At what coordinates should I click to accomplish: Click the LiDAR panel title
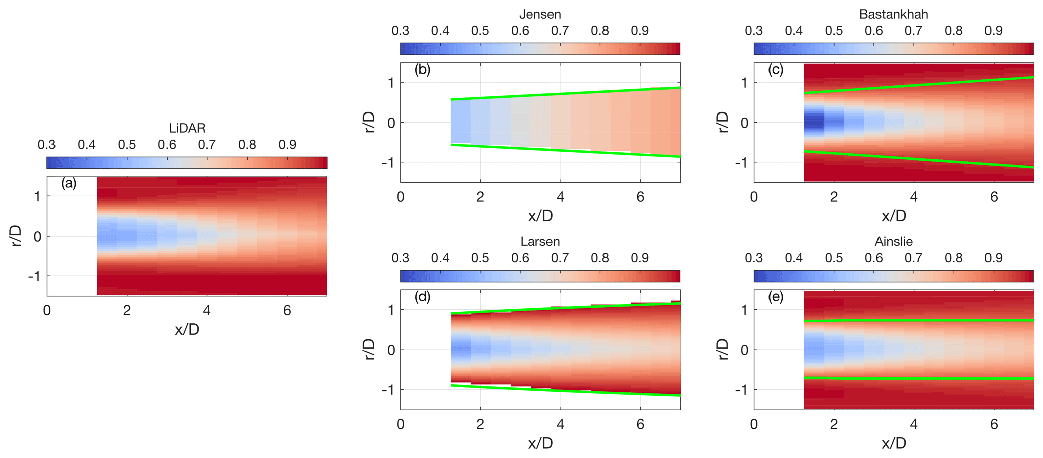(x=187, y=128)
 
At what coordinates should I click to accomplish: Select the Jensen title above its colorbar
(x=540, y=14)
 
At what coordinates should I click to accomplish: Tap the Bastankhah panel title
(x=894, y=14)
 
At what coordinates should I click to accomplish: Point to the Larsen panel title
(x=540, y=241)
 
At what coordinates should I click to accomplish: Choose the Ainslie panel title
(x=894, y=241)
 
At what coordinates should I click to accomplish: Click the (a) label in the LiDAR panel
(x=69, y=183)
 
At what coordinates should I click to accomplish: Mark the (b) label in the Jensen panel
(x=422, y=70)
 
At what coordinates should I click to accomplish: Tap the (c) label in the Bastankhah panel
(x=776, y=70)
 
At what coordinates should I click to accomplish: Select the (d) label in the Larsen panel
(x=422, y=297)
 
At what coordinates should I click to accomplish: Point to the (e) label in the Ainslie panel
(x=776, y=297)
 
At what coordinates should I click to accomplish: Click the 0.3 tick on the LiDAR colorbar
(x=46, y=145)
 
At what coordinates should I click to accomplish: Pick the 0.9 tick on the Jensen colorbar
(x=640, y=31)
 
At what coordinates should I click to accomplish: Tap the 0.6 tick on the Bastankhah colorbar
(x=873, y=31)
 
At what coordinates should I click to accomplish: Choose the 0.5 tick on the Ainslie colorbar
(x=834, y=258)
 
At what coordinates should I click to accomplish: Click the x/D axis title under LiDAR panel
(x=187, y=330)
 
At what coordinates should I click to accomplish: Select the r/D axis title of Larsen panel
(x=370, y=349)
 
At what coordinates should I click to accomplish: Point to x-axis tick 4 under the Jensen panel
(x=560, y=197)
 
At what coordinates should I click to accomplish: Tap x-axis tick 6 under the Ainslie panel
(x=994, y=424)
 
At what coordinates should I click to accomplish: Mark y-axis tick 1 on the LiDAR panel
(x=37, y=196)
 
